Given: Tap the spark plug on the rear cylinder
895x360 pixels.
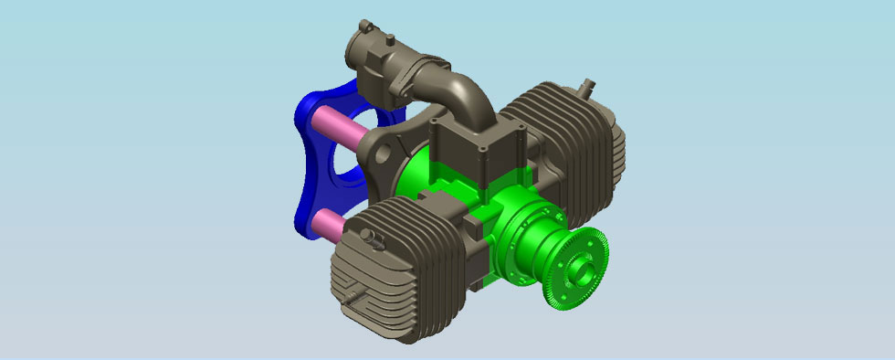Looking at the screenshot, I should coord(587,87).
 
